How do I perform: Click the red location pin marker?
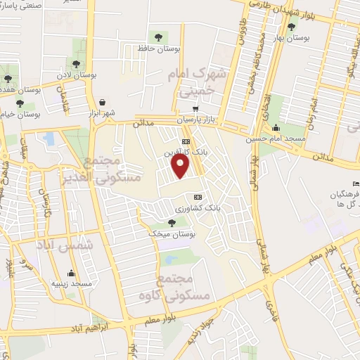point(181,166)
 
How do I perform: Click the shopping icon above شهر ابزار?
point(103,102)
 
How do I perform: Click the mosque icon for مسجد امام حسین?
point(275,128)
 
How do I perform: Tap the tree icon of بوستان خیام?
point(20,103)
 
